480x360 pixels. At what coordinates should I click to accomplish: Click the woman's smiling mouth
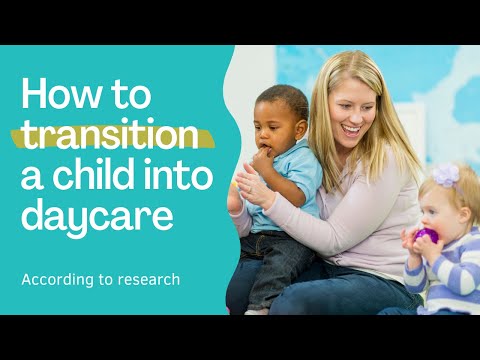coord(352,129)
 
